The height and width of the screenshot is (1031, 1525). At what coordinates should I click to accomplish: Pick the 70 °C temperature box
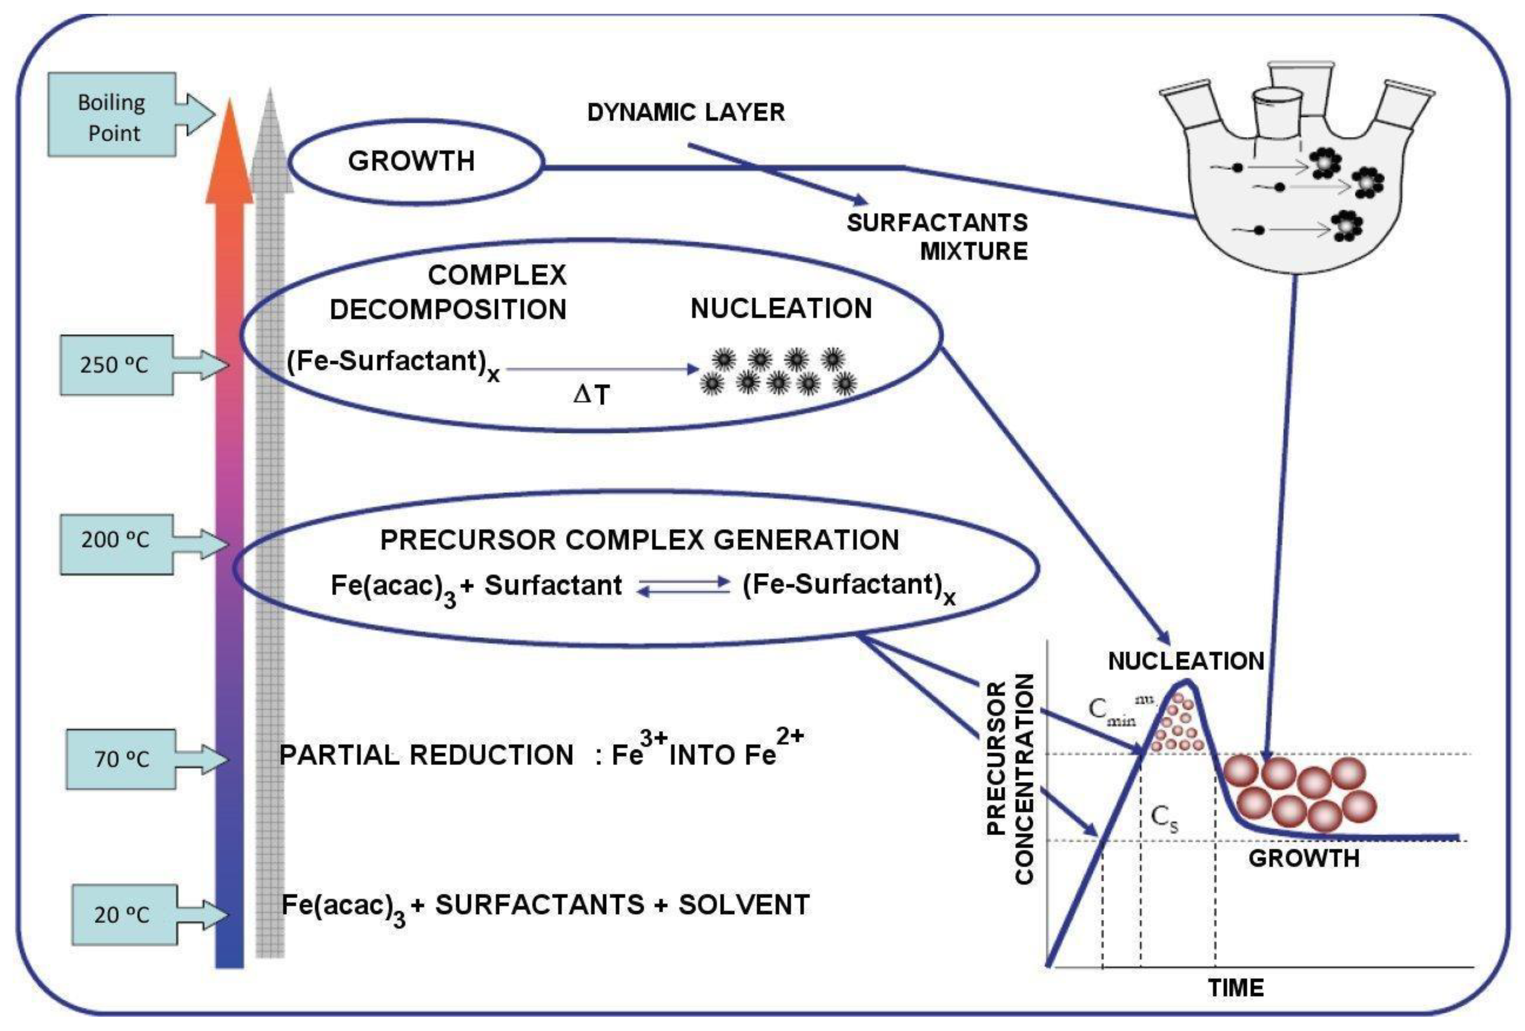pyautogui.click(x=121, y=759)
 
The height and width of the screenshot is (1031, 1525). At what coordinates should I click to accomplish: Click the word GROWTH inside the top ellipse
pyautogui.click(x=412, y=161)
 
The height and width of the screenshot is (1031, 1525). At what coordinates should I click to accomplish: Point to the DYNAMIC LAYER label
pyautogui.click(x=686, y=112)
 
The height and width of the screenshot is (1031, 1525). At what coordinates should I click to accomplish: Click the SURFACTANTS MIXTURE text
pyautogui.click(x=938, y=237)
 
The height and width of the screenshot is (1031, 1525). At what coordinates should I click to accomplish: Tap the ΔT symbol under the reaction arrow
pyautogui.click(x=591, y=395)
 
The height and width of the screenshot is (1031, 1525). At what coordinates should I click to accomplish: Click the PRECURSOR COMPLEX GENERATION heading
pyautogui.click(x=639, y=540)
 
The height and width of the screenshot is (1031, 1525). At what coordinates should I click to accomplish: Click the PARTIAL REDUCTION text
pyautogui.click(x=426, y=755)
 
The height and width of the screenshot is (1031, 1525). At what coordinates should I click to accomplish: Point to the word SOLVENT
pyautogui.click(x=743, y=905)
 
